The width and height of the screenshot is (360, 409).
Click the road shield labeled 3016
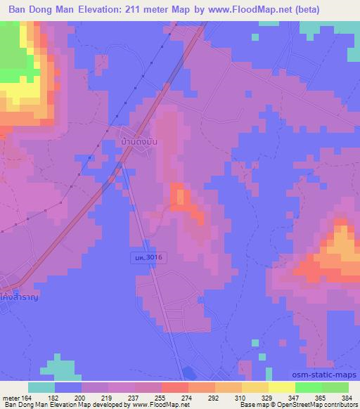(x=148, y=259)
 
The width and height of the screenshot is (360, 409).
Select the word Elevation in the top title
(x=94, y=10)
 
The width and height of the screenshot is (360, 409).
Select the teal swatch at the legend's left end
(x=41, y=387)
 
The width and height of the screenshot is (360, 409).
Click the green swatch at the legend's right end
(x=335, y=387)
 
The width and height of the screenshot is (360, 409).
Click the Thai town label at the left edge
(x=18, y=298)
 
